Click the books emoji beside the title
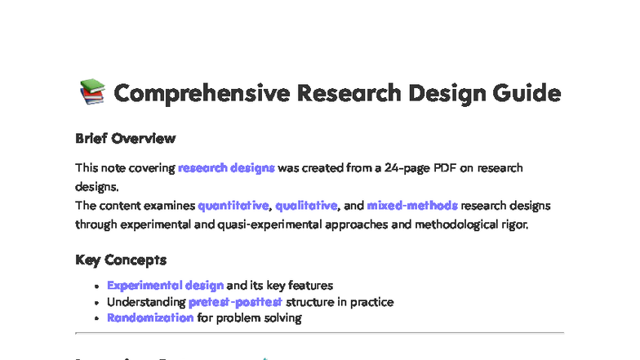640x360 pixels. pos(91,93)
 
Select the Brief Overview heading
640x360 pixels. pos(125,138)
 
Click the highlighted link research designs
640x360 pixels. pos(226,167)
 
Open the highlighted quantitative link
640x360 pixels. pos(233,205)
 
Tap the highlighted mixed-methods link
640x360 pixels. pos(412,205)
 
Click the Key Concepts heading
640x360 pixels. pos(121,260)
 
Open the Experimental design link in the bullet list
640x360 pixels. pos(165,285)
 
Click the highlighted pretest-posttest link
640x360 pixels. pos(235,301)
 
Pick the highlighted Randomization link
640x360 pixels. pos(150,318)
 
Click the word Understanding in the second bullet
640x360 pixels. pos(145,301)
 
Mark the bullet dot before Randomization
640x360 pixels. pos(98,318)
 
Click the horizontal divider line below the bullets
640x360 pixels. pos(319,333)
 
